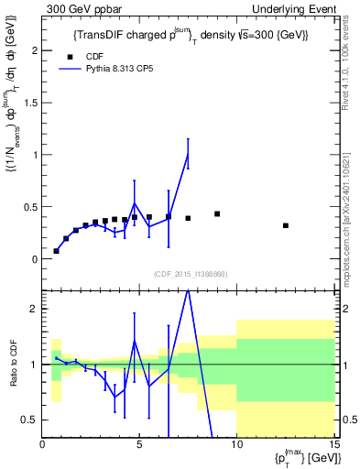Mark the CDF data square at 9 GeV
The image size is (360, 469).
click(x=217, y=214)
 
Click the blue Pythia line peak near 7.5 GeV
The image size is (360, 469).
click(x=188, y=154)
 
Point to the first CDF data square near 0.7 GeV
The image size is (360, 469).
click(x=57, y=251)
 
